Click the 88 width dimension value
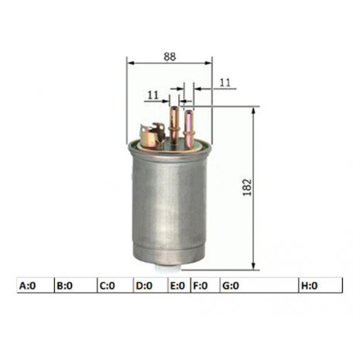coord(170,57)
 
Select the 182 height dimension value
coord(247,187)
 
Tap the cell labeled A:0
coord(36,286)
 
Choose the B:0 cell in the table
coord(76,286)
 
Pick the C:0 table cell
coord(115,286)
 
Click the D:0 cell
coord(151,286)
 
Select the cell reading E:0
coord(180,286)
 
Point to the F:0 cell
coord(205,286)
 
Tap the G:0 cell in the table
coord(259,286)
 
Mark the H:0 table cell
coord(321,286)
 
